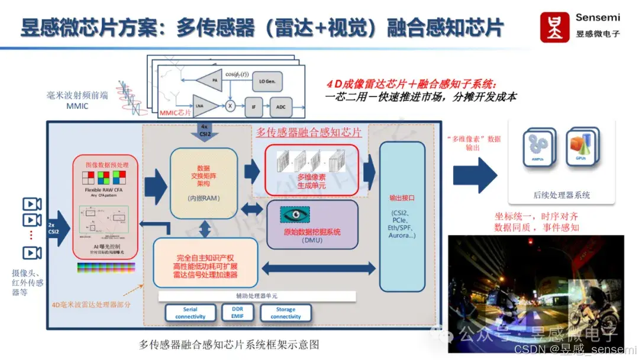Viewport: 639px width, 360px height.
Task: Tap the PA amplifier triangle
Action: point(208,80)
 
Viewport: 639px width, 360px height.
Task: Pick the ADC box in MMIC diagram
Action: point(280,107)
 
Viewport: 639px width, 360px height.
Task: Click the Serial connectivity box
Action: point(190,313)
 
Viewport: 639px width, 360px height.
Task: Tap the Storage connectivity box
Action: point(286,313)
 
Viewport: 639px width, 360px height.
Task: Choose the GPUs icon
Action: point(580,147)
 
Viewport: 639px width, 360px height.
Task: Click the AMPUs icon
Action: point(538,147)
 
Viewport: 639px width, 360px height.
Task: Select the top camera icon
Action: point(31,204)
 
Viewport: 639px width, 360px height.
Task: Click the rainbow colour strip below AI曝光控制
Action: point(105,267)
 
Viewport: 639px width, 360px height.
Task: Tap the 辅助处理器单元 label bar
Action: point(256,296)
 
